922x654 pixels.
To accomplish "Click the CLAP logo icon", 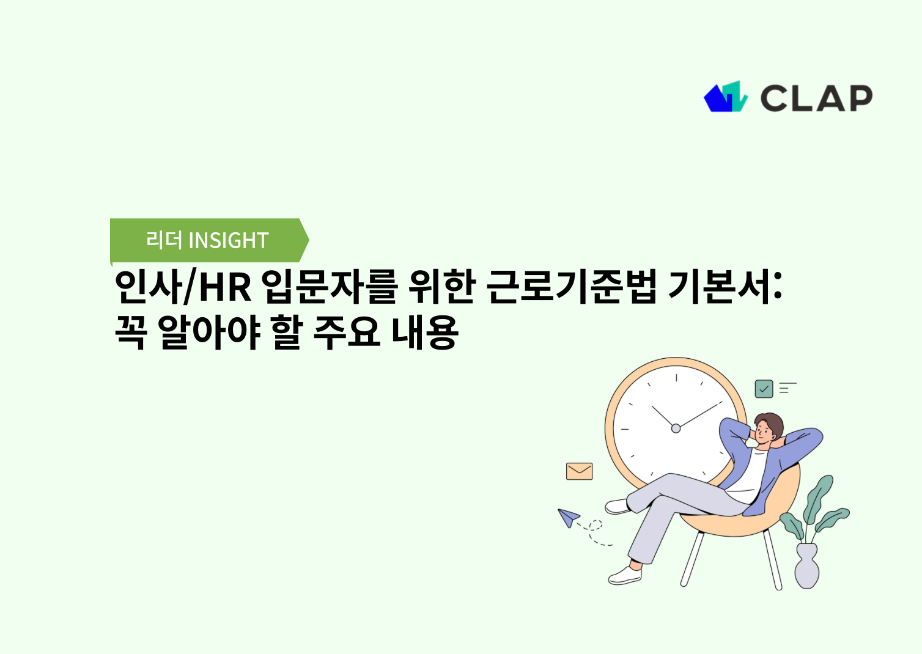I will pyautogui.click(x=725, y=97).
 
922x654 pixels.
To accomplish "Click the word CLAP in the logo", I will pyautogui.click(x=816, y=98).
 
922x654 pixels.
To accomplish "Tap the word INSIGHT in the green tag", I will pyautogui.click(x=229, y=241).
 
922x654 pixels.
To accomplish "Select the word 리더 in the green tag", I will pyautogui.click(x=164, y=240).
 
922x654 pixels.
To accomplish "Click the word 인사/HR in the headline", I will pyautogui.click(x=183, y=287).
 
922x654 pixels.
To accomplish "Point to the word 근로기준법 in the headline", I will pyautogui.click(x=571, y=287).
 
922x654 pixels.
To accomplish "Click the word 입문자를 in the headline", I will pyautogui.click(x=330, y=287).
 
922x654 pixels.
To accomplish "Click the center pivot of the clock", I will pyautogui.click(x=676, y=428).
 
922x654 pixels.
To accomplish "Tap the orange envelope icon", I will pyautogui.click(x=579, y=471).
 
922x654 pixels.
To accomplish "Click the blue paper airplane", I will pyautogui.click(x=569, y=518).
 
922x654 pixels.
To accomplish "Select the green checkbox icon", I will pyautogui.click(x=764, y=389).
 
